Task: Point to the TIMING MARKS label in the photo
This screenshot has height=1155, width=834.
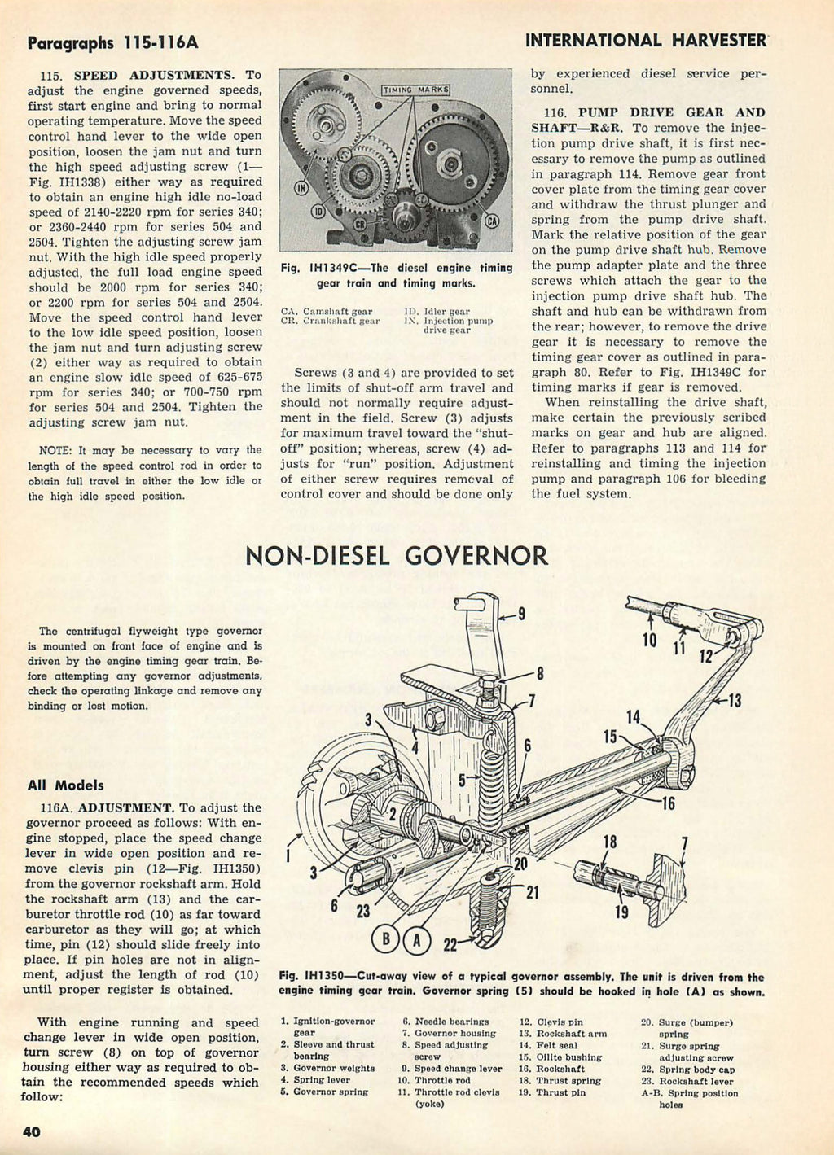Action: coord(415,89)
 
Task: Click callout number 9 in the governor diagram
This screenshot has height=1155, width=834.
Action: coord(520,613)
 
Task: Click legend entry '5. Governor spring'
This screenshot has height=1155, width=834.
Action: coord(323,1092)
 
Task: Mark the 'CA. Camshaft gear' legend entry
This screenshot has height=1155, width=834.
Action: coord(326,311)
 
